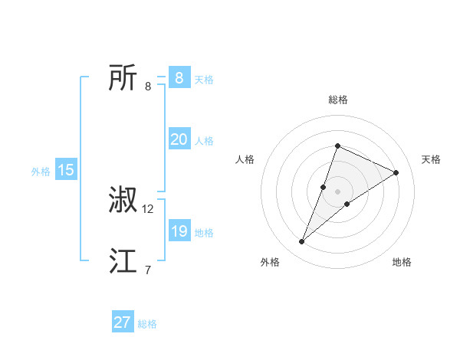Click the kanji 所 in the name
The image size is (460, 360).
(123, 77)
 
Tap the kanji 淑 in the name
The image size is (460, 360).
(123, 200)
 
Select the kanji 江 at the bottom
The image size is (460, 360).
(123, 261)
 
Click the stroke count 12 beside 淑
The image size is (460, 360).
(148, 208)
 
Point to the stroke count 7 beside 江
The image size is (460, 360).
(148, 270)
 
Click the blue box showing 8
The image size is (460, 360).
(179, 77)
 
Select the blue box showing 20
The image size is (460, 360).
(179, 139)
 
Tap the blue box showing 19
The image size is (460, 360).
(179, 231)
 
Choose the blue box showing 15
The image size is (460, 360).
(66, 170)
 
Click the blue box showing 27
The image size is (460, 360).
(123, 322)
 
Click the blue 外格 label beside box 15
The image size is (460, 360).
(41, 172)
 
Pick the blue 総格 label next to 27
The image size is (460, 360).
(147, 324)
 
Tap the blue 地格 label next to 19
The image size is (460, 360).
(204, 233)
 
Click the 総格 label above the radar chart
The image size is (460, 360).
(337, 100)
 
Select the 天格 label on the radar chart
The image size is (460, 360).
(431, 159)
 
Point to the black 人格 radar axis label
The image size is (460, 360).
(245, 159)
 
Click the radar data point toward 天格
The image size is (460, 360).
(396, 172)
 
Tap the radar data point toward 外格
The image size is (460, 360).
(302, 242)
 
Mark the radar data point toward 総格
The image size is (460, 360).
(337, 146)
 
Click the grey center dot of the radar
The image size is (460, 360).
(337, 191)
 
